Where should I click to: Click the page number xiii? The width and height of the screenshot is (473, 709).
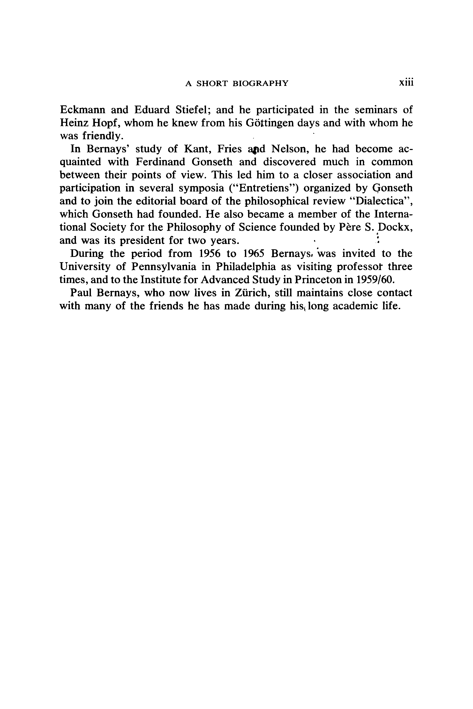pyautogui.click(x=406, y=83)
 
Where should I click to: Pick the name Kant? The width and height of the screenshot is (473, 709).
pyautogui.click(x=197, y=149)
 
